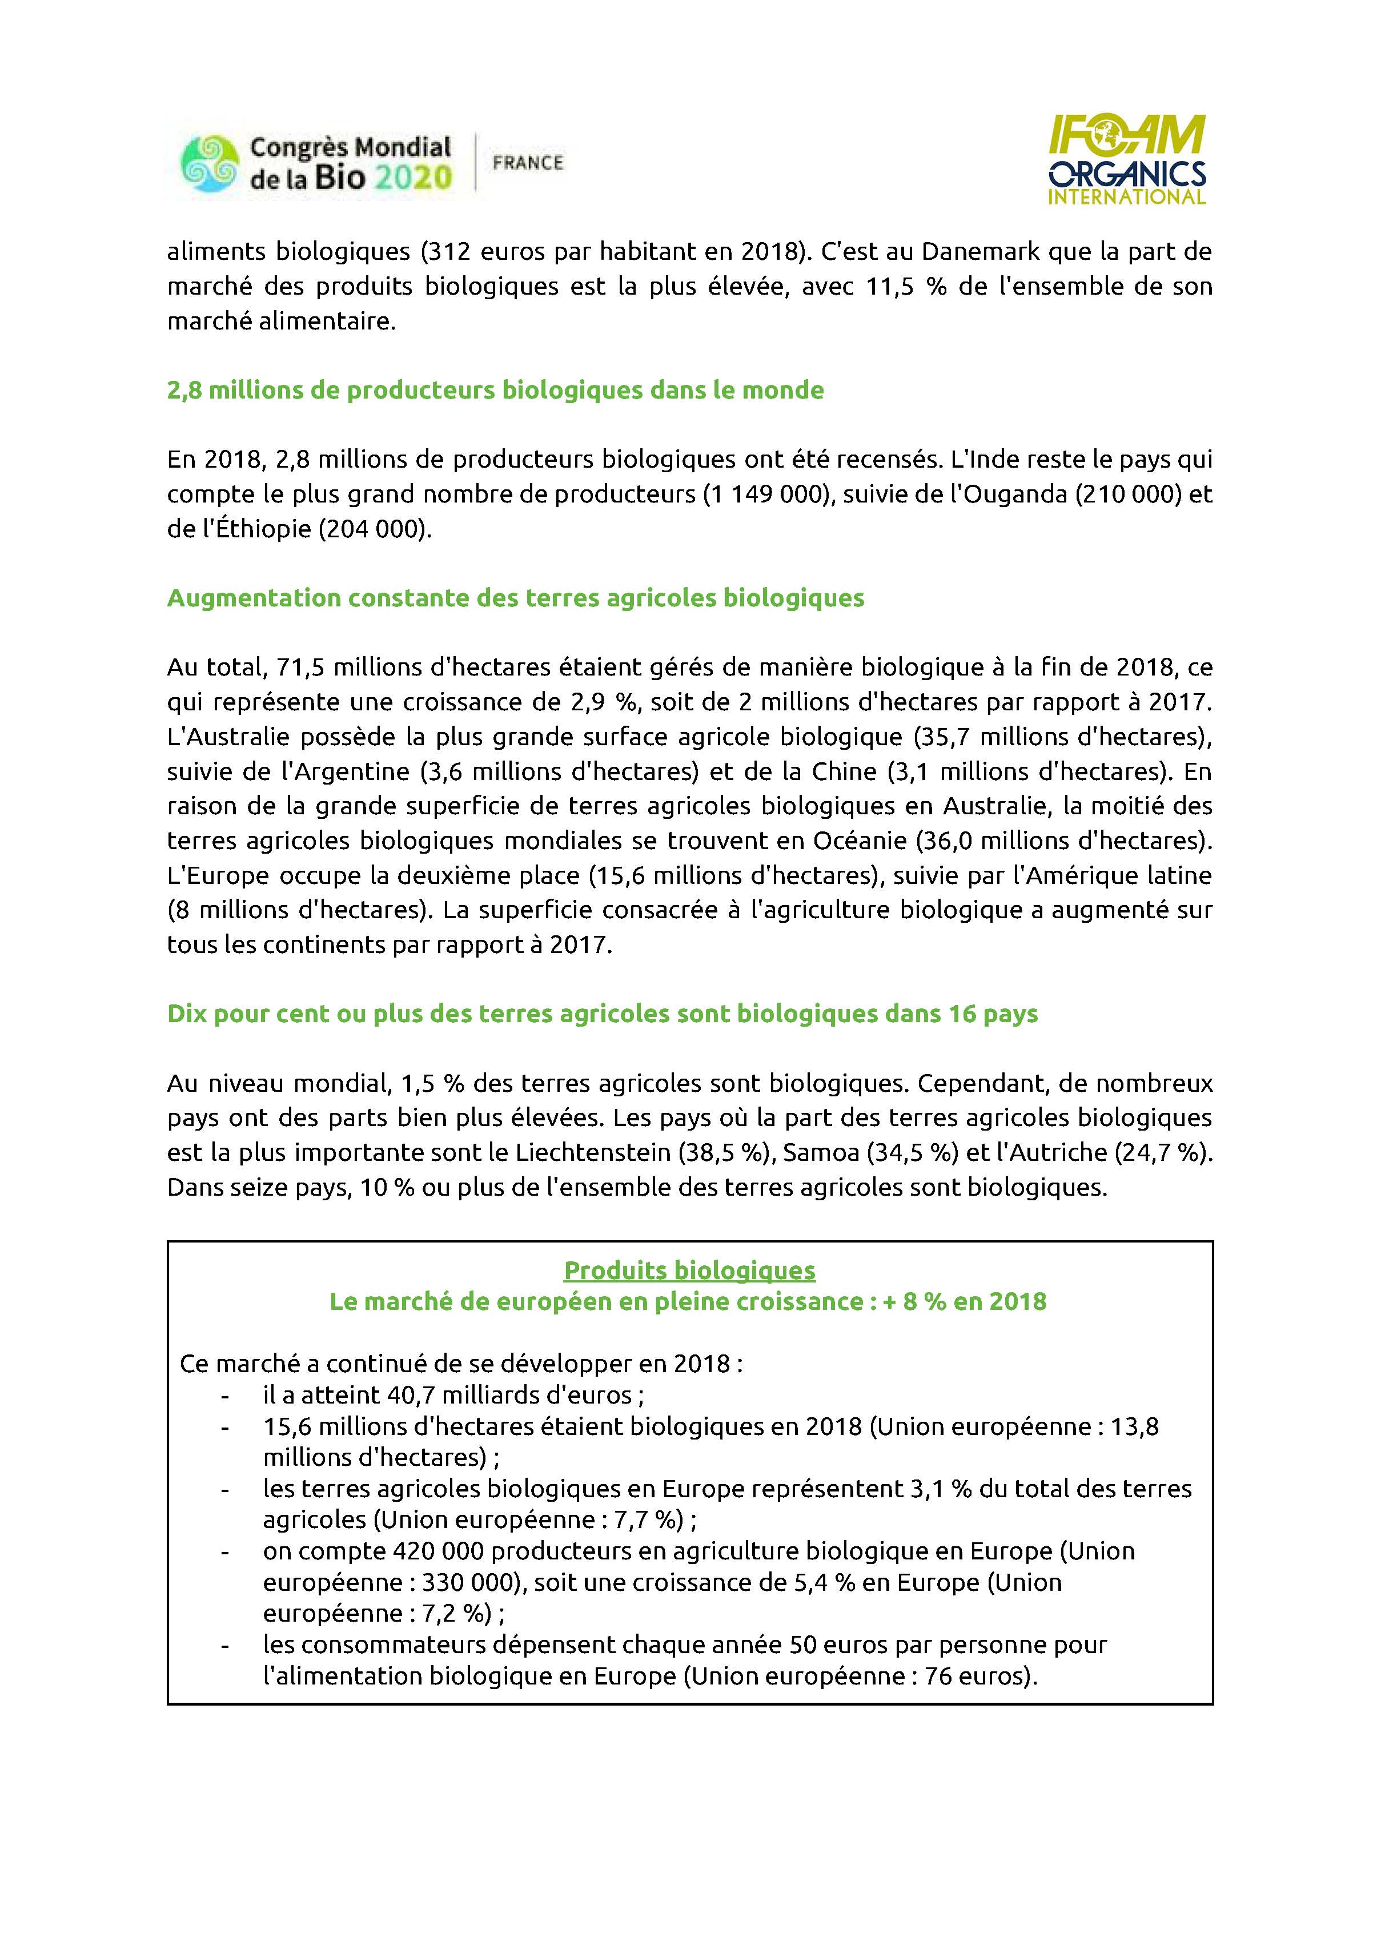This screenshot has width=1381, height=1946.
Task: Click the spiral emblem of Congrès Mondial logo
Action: pos(209,163)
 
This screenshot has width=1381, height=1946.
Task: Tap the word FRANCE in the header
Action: pos(527,162)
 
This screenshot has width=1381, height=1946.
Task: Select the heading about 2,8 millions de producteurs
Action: pos(495,390)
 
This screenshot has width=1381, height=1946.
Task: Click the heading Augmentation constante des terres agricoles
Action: pos(515,598)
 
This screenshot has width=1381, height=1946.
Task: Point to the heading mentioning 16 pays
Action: pos(602,1014)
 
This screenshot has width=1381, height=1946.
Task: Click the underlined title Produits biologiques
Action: pos(690,1270)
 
